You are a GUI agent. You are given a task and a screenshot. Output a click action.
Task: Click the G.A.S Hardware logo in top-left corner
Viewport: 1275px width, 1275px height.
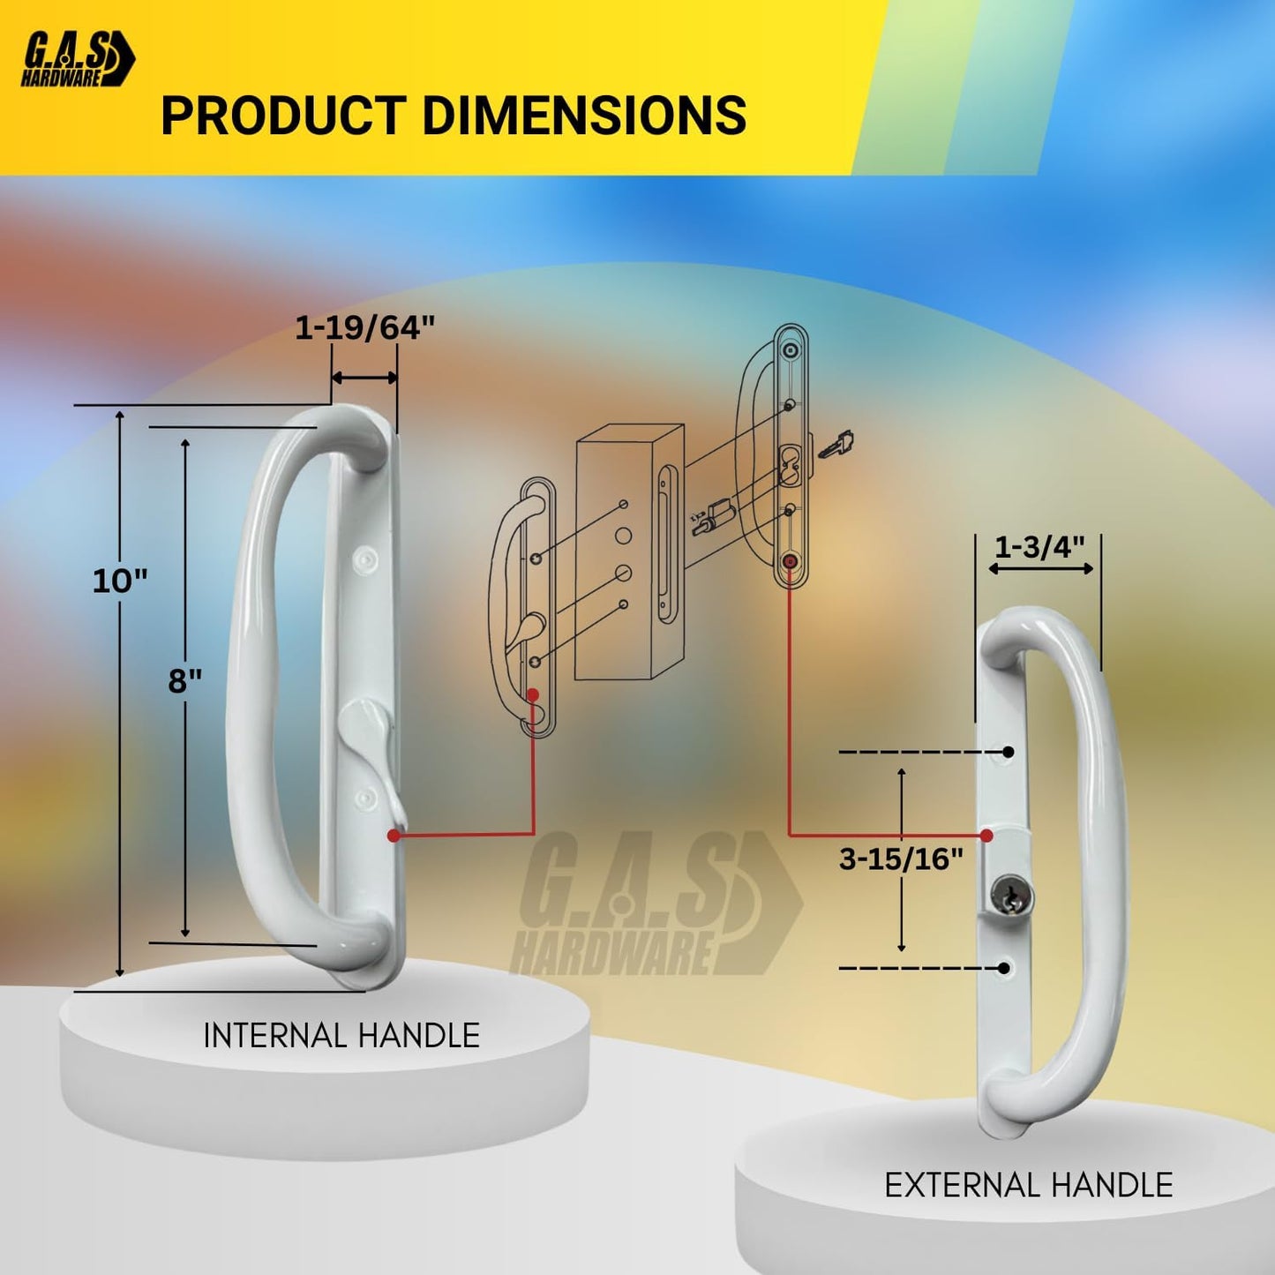[78, 59]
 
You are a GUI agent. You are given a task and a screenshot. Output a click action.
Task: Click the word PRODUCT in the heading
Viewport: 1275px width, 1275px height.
[282, 116]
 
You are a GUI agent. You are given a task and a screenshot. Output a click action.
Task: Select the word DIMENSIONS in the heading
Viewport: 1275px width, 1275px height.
[584, 116]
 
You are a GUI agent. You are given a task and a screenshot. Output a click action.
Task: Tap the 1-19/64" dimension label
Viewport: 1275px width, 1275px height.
[364, 328]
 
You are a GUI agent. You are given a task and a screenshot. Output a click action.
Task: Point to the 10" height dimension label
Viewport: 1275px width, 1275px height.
[120, 581]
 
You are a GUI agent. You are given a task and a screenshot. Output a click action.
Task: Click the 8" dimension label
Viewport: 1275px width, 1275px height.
[185, 681]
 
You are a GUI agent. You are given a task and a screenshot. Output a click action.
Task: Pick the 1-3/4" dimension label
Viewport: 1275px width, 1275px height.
[1039, 547]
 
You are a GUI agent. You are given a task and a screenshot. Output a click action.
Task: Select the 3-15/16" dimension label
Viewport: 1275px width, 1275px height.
[901, 859]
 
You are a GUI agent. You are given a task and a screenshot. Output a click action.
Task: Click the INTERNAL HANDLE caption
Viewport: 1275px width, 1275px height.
[341, 1036]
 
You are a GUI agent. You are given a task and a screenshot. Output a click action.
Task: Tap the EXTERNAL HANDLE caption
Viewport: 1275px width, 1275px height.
[1029, 1185]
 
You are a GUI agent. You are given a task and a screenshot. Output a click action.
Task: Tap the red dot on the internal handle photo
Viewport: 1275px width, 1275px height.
[394, 835]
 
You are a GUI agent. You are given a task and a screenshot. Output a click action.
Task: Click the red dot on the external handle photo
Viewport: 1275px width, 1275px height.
[986, 835]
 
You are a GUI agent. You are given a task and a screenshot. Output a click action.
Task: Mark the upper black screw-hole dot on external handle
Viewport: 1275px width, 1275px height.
[1008, 752]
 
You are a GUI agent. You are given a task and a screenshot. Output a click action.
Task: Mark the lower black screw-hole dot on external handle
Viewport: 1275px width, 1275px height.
[1003, 968]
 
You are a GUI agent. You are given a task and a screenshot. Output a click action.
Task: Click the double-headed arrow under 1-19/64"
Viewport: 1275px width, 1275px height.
[364, 378]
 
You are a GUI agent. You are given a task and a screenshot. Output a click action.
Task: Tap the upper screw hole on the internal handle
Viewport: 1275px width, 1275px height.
[364, 558]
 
